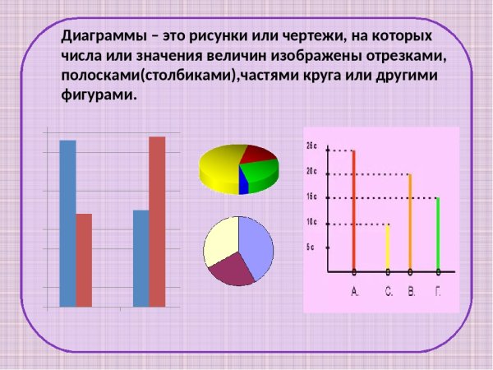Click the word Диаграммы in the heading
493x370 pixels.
coord(104,37)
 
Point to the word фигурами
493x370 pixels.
coord(97,95)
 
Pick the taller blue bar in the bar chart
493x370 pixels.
coord(67,222)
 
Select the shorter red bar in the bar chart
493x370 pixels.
coord(84,259)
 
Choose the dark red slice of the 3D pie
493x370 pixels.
coord(259,153)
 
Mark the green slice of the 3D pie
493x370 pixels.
coord(261,171)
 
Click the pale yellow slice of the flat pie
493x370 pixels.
coord(220,243)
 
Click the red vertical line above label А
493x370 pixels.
coord(354,210)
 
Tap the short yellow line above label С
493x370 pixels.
coord(388,247)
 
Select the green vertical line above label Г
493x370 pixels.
coord(438,234)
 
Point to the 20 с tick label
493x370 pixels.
coord(311,171)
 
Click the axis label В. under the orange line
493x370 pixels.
coord(412,292)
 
